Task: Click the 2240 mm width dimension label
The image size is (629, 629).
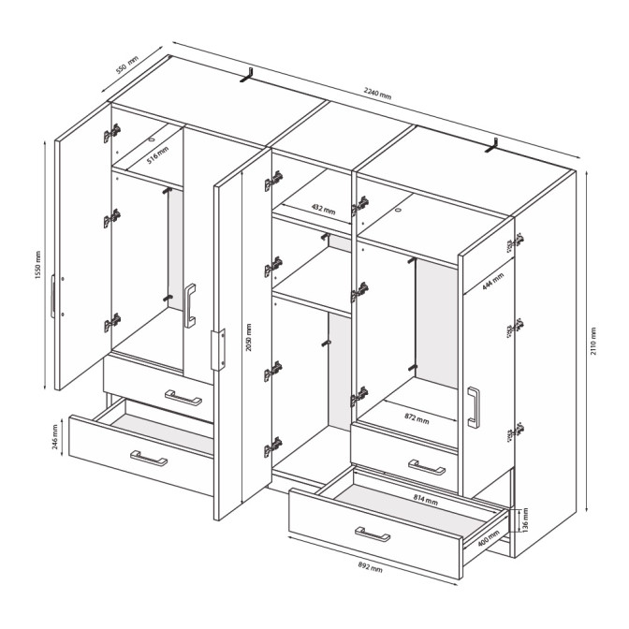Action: click(377, 93)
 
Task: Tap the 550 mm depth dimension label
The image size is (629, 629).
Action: click(126, 65)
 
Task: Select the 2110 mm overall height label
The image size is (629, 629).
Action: click(593, 341)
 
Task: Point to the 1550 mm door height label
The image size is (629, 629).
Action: click(38, 265)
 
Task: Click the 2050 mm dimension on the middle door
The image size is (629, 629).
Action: click(249, 338)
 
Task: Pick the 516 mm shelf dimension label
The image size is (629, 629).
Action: click(157, 155)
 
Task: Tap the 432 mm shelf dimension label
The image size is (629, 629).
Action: click(323, 209)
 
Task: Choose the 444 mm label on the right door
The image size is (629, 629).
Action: click(493, 282)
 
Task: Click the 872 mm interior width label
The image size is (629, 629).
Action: click(417, 418)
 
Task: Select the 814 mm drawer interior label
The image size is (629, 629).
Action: click(426, 500)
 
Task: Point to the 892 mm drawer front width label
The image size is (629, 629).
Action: click(370, 567)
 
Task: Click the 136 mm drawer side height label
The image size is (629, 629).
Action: click(525, 519)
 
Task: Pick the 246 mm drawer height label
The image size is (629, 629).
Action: click(55, 437)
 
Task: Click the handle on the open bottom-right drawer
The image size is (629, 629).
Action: click(373, 534)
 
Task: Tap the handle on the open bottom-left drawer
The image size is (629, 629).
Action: click(149, 458)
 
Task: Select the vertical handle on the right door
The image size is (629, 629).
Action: click(474, 407)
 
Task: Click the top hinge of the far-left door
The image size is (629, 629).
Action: click(112, 133)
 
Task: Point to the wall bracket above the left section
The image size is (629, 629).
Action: click(247, 76)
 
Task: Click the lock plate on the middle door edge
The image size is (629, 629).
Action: click(218, 349)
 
